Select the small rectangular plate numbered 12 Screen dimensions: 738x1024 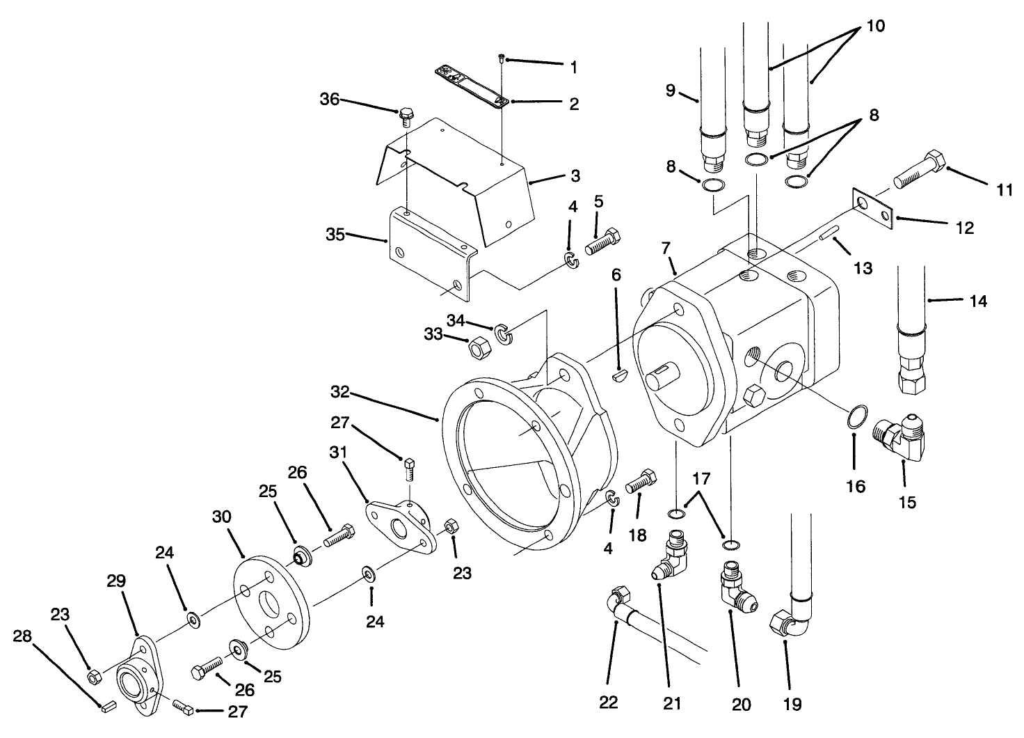click(x=872, y=210)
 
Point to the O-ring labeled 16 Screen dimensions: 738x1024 click(x=854, y=421)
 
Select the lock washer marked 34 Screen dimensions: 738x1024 click(x=503, y=333)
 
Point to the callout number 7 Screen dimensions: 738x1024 click(x=665, y=248)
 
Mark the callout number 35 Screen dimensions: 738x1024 click(x=335, y=235)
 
